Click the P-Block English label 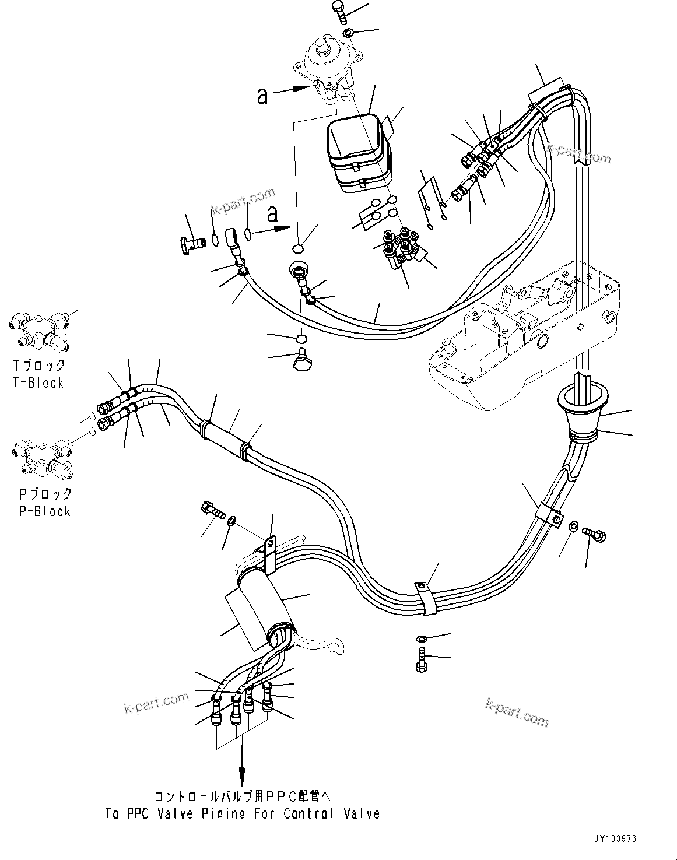44,511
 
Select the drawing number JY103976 616,838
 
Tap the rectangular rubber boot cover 357,153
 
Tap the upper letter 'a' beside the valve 263,96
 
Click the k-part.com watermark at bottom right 516,712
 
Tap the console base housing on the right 525,338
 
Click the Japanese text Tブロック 40,366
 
